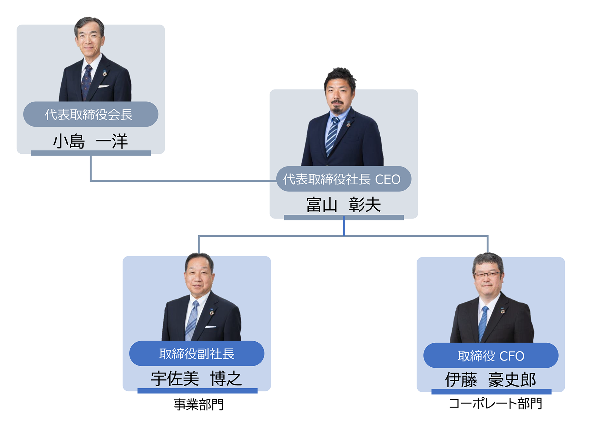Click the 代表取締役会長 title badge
(90, 114)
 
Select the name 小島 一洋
(90, 141)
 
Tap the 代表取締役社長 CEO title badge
(343, 179)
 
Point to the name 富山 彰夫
(343, 205)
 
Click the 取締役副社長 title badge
(197, 354)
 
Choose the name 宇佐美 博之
(196, 378)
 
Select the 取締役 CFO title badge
(490, 356)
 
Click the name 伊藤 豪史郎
(490, 379)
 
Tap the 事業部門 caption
(198, 405)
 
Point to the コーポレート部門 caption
(495, 404)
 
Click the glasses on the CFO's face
(487, 275)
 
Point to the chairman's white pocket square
(104, 86)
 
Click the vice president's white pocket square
(211, 327)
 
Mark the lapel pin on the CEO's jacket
(348, 124)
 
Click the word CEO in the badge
(388, 179)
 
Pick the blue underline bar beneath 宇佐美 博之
(197, 391)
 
